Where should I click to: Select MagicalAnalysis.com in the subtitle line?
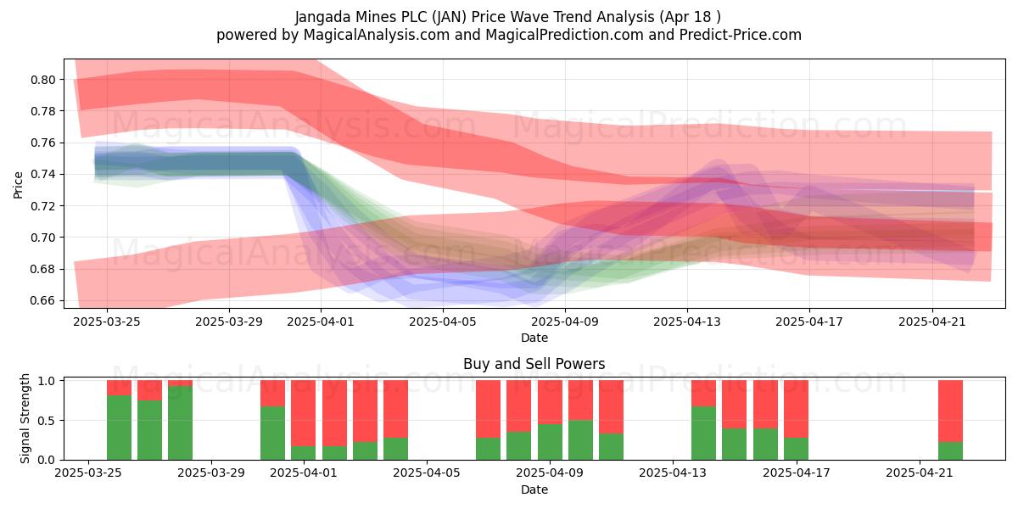[377, 35]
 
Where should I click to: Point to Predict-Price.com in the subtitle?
[741, 35]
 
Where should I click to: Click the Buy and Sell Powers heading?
[534, 364]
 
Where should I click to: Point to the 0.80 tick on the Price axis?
[42, 80]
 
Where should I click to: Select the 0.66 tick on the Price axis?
[42, 301]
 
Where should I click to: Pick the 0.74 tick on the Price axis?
[42, 175]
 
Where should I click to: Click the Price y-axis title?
[18, 185]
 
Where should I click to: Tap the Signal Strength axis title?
[25, 418]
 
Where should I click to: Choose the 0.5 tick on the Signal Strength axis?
[47, 421]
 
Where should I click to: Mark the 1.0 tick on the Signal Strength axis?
[47, 381]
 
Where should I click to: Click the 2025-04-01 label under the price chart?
[321, 322]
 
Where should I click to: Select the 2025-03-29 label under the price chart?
[228, 322]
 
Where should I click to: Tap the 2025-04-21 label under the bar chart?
[920, 473]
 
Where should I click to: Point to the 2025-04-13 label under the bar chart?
[673, 473]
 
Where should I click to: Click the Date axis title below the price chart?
[534, 338]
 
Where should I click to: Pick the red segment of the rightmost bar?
[950, 411]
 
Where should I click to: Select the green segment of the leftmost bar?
[119, 428]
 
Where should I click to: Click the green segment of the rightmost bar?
[950, 450]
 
